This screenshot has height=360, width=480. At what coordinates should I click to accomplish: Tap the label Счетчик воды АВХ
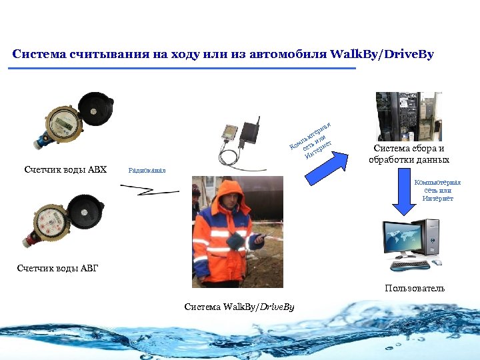(65, 169)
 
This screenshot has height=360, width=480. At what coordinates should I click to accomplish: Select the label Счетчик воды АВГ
(57, 269)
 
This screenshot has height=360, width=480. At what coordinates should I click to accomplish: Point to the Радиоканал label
(146, 171)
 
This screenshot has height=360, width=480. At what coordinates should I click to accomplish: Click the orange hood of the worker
(230, 194)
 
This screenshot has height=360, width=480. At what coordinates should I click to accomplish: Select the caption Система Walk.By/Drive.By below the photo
(239, 307)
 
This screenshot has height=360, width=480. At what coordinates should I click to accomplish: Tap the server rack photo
(409, 116)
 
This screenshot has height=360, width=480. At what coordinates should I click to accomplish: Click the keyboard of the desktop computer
(411, 265)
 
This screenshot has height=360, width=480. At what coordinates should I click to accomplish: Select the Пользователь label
(415, 289)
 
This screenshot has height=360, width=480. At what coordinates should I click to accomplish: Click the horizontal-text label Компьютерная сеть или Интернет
(437, 190)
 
